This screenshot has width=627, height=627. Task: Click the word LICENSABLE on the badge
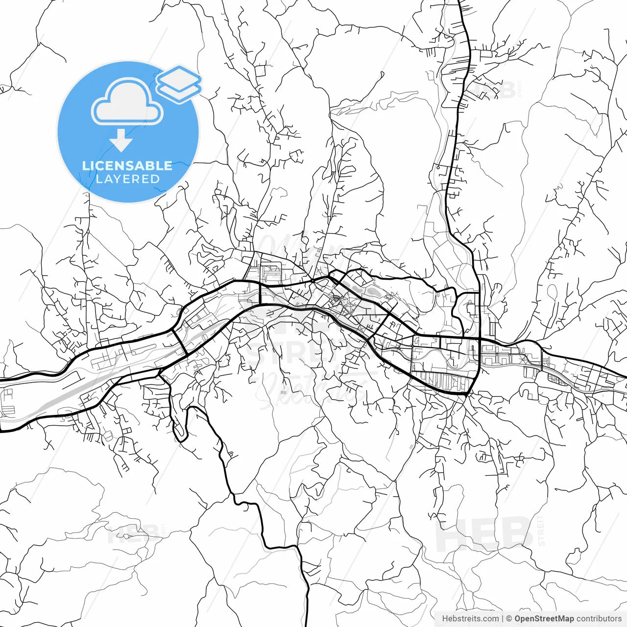tap(127, 166)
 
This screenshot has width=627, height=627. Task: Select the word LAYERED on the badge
tap(127, 179)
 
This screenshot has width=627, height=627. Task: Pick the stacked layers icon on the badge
tap(179, 83)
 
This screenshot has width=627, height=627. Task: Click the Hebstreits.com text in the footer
tap(470, 619)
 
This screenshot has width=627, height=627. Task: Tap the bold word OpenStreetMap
tap(544, 619)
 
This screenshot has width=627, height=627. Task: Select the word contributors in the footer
tap(599, 619)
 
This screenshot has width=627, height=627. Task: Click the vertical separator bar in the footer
tap(503, 619)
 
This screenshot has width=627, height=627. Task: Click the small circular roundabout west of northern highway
tap(438, 168)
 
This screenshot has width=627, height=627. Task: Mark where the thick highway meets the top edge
tap(459, 1)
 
